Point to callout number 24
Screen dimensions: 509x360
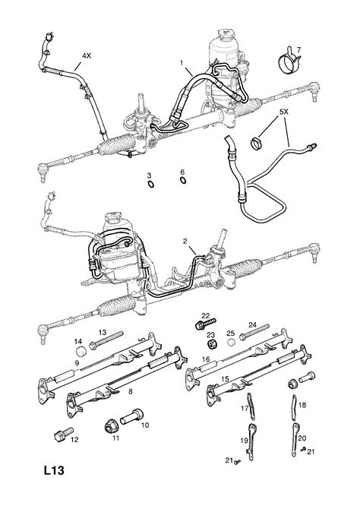(x=253, y=323)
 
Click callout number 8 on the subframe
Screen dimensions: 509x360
(x=132, y=392)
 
